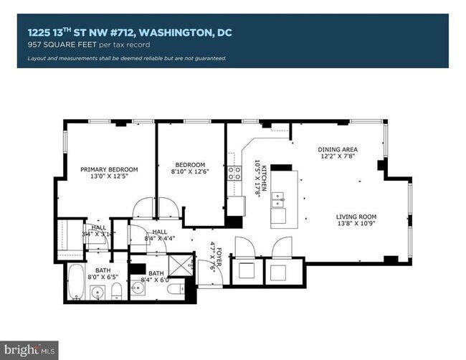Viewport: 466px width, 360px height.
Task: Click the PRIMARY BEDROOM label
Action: (x=109, y=169)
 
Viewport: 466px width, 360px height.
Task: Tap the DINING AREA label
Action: (x=338, y=150)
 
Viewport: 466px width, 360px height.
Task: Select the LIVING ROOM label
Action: (x=357, y=217)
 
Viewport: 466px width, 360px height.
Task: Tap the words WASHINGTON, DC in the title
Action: (x=193, y=32)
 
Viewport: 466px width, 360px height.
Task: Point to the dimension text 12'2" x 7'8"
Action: (x=338, y=158)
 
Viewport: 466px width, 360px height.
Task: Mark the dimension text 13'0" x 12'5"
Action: (x=109, y=177)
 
